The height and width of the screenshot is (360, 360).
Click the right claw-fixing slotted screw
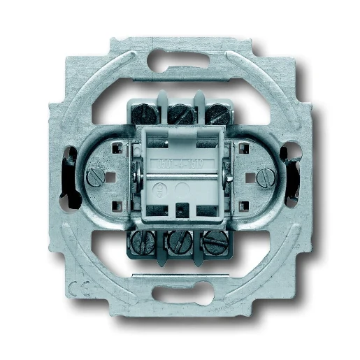tap(264, 177)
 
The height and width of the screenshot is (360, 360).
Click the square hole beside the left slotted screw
tap(116, 149)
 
